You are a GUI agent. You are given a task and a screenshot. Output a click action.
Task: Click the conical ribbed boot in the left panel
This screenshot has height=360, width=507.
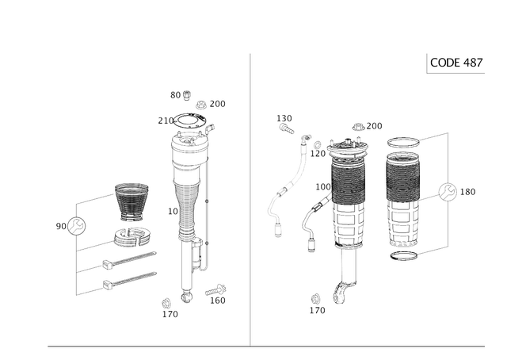[x=127, y=204]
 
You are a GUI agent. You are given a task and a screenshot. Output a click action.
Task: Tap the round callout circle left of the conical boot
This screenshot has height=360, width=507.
[x=74, y=226]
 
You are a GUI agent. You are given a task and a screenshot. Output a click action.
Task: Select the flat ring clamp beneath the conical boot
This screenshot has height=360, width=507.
[x=132, y=236]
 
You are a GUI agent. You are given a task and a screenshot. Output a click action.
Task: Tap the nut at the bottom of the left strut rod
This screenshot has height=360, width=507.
[x=186, y=295]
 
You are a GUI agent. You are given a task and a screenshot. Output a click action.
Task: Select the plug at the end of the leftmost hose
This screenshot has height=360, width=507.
[x=277, y=230]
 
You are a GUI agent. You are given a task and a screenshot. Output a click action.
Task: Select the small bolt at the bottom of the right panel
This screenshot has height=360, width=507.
[x=318, y=304]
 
